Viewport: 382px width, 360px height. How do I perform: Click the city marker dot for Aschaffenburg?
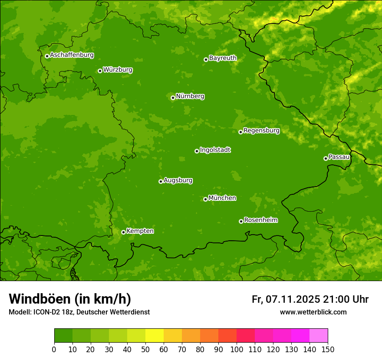[x=47, y=56]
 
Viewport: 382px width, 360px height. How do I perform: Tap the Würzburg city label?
[x=118, y=70]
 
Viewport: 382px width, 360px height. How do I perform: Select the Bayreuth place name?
[x=223, y=58]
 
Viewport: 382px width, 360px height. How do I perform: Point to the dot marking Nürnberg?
[x=173, y=98]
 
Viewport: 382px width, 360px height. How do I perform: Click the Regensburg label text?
[x=261, y=131]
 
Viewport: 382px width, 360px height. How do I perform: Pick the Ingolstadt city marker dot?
[x=197, y=151]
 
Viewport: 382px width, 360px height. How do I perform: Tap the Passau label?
[x=339, y=157]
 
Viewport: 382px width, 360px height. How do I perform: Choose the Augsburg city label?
[x=178, y=180]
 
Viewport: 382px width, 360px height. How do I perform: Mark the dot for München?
[x=205, y=199]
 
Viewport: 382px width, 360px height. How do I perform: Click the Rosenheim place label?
[x=260, y=220]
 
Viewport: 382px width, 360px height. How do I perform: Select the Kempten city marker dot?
[x=123, y=232]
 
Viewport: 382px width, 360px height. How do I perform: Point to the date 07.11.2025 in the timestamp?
[x=293, y=299]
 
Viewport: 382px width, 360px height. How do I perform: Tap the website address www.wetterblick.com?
[x=313, y=312]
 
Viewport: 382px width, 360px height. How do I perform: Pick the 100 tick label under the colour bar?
[x=237, y=349]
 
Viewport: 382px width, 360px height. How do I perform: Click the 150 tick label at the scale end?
[x=328, y=349]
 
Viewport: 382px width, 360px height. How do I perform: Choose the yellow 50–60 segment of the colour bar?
[x=155, y=336]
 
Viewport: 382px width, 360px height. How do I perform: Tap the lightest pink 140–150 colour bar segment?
[x=319, y=336]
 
